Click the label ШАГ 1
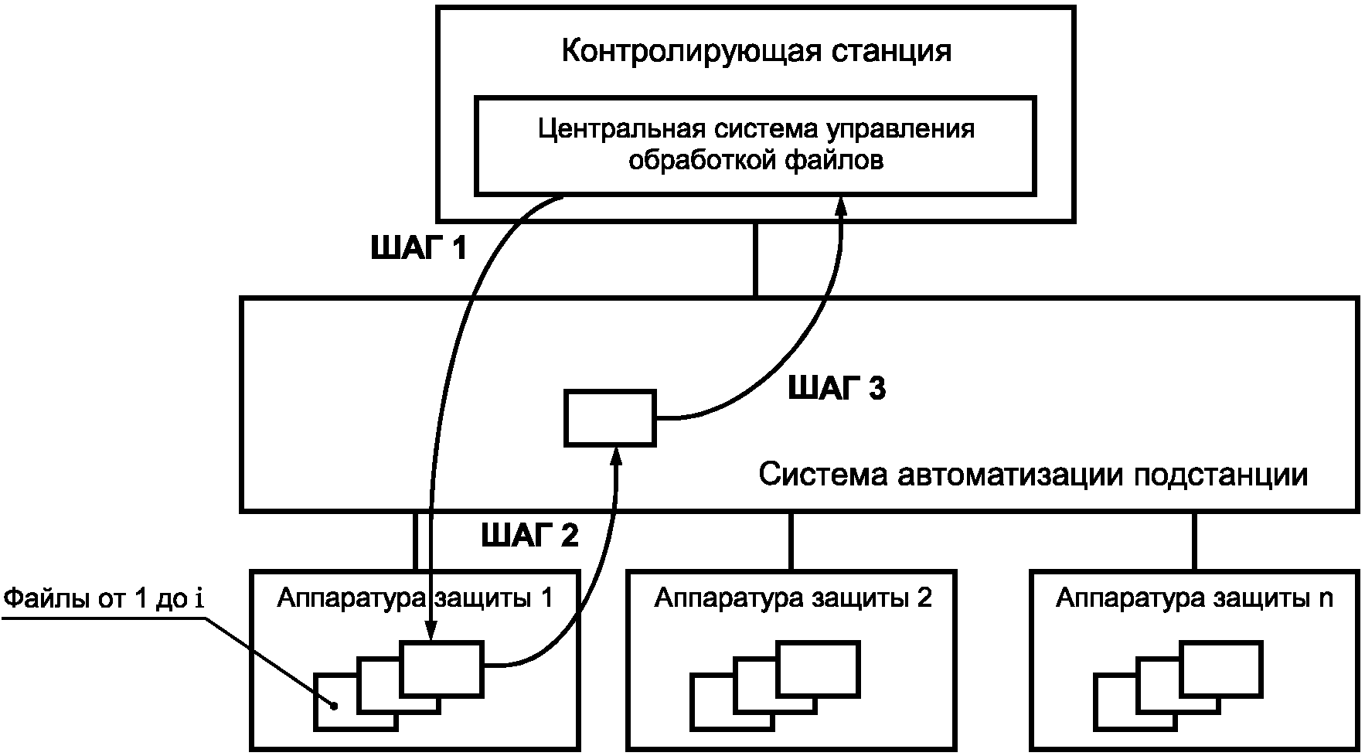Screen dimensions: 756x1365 point(419,249)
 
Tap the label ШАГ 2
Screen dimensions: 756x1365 point(529,535)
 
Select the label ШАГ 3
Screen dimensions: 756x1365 point(836,389)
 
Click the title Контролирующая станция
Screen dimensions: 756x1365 point(755,52)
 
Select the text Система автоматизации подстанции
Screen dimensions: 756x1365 point(1033,474)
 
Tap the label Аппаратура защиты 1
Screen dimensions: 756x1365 point(415,598)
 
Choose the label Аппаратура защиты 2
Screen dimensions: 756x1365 point(793,598)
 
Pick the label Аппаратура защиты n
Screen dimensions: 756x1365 point(1194,598)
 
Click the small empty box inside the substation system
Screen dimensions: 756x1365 point(610,417)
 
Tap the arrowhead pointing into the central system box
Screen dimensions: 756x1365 point(842,206)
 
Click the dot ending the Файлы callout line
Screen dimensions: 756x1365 point(334,705)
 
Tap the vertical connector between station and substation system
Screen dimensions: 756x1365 point(756,259)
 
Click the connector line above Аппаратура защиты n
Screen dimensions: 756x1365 point(1193,540)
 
